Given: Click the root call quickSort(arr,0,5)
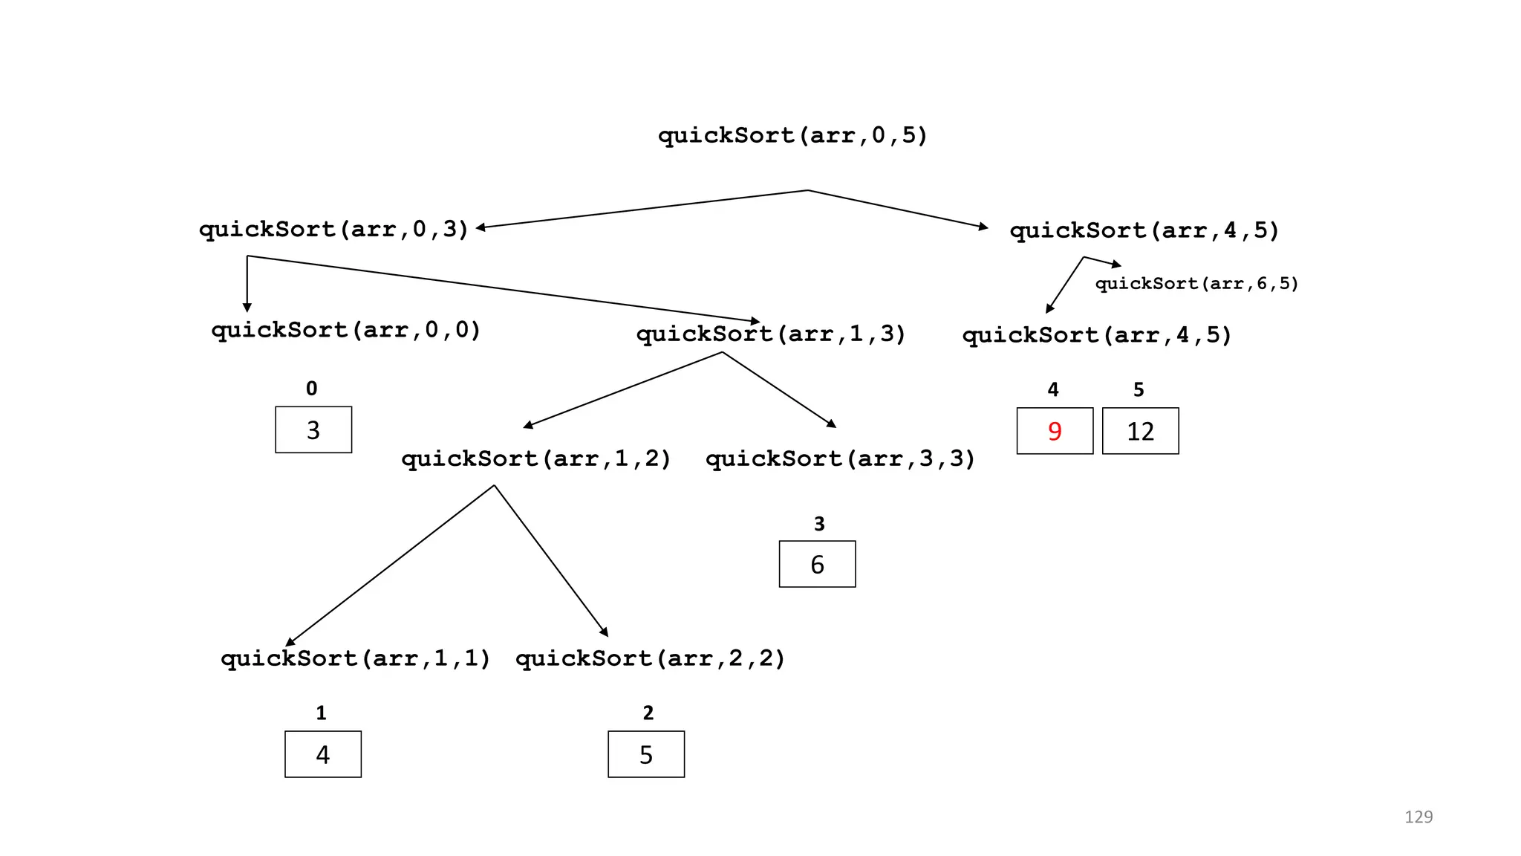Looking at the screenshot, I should click(x=792, y=135).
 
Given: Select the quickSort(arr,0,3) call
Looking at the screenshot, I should click(x=333, y=229).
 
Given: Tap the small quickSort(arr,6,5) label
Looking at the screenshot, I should click(x=1196, y=283).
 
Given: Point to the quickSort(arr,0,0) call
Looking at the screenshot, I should click(x=346, y=330).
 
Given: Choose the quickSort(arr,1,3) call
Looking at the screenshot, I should click(x=771, y=334).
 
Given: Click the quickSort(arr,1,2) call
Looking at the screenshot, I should click(x=536, y=458).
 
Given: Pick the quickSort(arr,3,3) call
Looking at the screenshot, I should click(x=840, y=458).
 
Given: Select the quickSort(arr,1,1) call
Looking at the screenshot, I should click(x=356, y=658).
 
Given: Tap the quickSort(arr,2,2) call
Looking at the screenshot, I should click(x=650, y=658).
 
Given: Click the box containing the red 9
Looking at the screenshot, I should click(x=1055, y=431).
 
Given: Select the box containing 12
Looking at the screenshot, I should click(x=1140, y=431).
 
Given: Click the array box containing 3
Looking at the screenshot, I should click(x=313, y=429).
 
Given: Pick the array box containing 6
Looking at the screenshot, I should click(x=817, y=564).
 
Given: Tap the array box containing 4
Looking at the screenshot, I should click(x=323, y=754).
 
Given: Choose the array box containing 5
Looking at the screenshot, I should click(x=646, y=754).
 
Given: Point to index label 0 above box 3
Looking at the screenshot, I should click(x=312, y=389).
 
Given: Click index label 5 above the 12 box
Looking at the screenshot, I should click(x=1139, y=389).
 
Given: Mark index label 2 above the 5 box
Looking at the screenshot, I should click(x=648, y=713).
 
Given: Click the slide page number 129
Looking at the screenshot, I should click(x=1418, y=817).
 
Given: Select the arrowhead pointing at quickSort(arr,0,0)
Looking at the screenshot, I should click(x=247, y=308).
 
